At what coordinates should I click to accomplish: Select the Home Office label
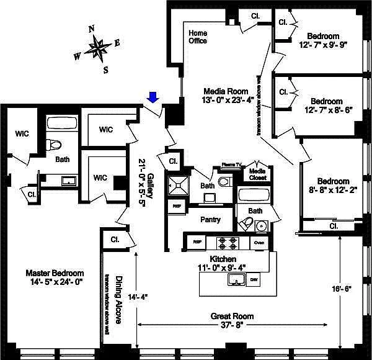tap(198, 37)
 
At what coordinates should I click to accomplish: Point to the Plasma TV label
tap(231, 166)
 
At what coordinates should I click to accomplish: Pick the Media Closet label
tap(257, 174)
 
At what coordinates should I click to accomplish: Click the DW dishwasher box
tap(254, 281)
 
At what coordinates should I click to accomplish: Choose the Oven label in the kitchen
tap(259, 241)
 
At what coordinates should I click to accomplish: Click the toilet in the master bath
tap(55, 145)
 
